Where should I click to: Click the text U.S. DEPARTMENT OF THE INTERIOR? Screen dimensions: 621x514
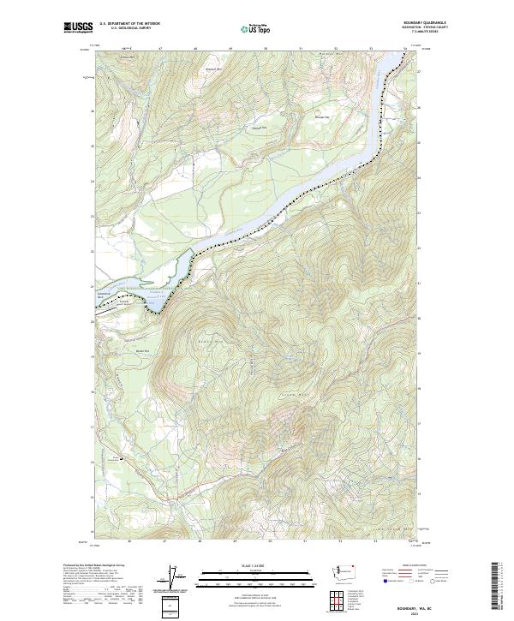(129, 24)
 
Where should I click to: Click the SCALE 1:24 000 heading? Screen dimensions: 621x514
(256, 564)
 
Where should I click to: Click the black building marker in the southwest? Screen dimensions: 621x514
(121, 457)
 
